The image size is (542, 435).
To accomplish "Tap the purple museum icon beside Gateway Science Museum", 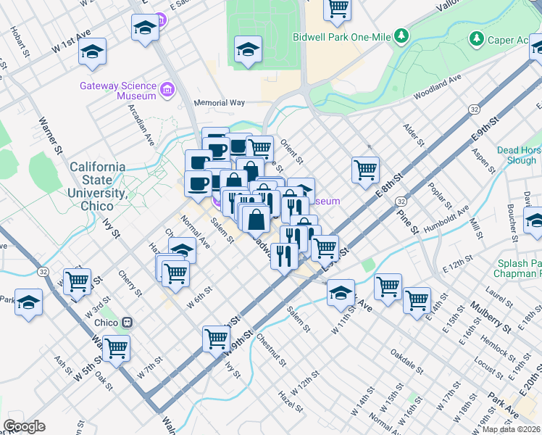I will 167,90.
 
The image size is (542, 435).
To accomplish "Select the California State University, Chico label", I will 97,181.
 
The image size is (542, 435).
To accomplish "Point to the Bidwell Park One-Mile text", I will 342,36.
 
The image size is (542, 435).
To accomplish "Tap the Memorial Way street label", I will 219,103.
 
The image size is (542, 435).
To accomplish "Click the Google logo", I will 24,426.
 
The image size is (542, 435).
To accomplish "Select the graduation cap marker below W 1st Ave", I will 93,52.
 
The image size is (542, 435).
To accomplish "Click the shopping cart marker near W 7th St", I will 116,348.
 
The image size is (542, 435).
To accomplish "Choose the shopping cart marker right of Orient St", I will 366,170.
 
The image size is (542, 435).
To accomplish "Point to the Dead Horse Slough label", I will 519,155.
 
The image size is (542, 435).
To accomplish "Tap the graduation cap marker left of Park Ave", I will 340,293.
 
